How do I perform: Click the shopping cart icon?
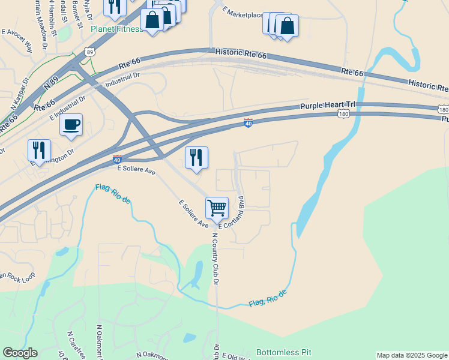point(217,208)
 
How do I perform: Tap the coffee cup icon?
point(71,124)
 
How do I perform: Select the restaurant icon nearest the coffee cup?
point(39,150)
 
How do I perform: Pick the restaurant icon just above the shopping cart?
point(196,157)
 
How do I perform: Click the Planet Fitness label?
point(117,29)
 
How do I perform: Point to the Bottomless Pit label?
point(284,352)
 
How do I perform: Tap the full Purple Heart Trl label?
point(328,106)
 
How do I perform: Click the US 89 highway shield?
point(89,52)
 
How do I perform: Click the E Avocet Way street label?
point(17,40)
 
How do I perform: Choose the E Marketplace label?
point(243,12)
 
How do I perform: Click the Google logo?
point(20,353)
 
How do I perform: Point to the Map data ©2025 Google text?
point(411,355)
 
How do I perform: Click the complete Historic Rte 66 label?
point(240,54)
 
